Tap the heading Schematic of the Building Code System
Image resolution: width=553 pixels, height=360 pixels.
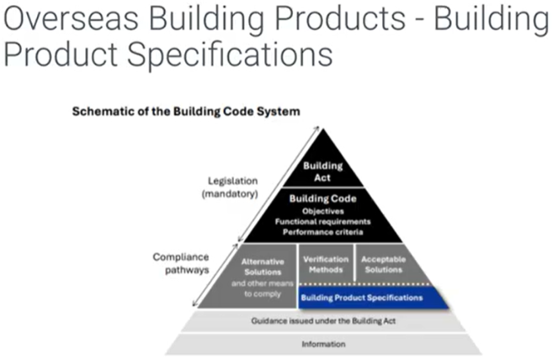coord(185,111)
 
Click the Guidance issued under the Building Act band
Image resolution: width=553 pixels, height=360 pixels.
coord(312,321)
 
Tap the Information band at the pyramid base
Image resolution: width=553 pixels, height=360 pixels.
coord(312,344)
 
